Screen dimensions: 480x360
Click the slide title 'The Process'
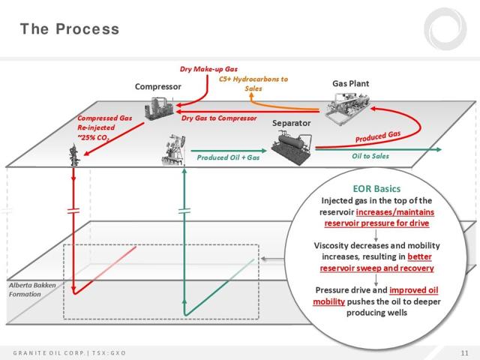pyautogui.click(x=70, y=29)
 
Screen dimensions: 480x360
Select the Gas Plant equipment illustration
pyautogui.click(x=347, y=108)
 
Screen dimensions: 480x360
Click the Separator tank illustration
pyautogui.click(x=292, y=147)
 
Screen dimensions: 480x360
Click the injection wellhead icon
pyautogui.click(x=74, y=155)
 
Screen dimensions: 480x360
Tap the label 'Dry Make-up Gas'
pyautogui.click(x=208, y=69)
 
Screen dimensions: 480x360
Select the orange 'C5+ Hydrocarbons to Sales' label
pyautogui.click(x=253, y=83)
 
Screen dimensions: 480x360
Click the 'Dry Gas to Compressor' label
pyautogui.click(x=219, y=118)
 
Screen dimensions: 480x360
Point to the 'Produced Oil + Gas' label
pyautogui.click(x=228, y=157)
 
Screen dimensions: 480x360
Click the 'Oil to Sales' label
pyautogui.click(x=370, y=156)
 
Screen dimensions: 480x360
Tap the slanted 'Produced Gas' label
pyautogui.click(x=378, y=136)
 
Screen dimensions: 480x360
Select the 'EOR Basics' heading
pyautogui.click(x=376, y=188)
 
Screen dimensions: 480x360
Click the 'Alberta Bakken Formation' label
pyautogui.click(x=32, y=289)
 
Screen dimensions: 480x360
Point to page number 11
pyautogui.click(x=465, y=353)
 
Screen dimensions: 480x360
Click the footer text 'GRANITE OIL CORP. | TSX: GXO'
pyautogui.click(x=70, y=353)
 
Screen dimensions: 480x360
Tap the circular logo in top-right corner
pyautogui.click(x=445, y=29)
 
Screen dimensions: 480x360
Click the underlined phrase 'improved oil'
pyautogui.click(x=413, y=290)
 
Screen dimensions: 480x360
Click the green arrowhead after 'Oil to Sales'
pyautogui.click(x=438, y=149)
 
